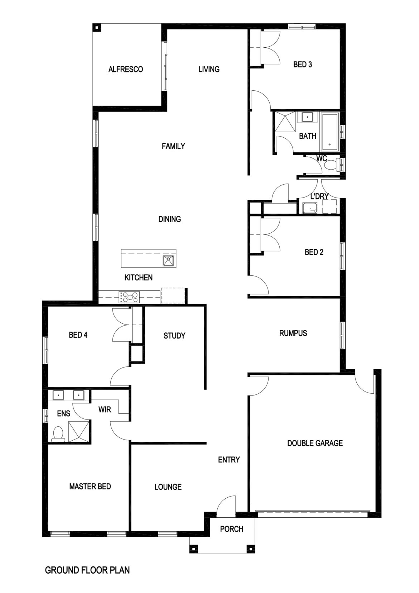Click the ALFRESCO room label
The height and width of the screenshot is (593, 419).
125,69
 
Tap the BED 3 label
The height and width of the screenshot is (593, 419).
302,65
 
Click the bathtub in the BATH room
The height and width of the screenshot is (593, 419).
330,132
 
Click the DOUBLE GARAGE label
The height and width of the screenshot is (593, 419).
315,443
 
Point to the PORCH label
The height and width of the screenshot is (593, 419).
232,529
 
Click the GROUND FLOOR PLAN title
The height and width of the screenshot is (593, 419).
87,570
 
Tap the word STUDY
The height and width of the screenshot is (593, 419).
174,336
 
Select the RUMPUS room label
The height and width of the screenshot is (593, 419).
293,333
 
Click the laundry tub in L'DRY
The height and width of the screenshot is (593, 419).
310,208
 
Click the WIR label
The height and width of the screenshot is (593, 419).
105,409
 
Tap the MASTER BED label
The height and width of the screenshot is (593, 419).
90,487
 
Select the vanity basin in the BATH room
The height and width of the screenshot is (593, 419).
307,117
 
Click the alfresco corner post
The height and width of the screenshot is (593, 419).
96,28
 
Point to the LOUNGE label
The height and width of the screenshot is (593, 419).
168,487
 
